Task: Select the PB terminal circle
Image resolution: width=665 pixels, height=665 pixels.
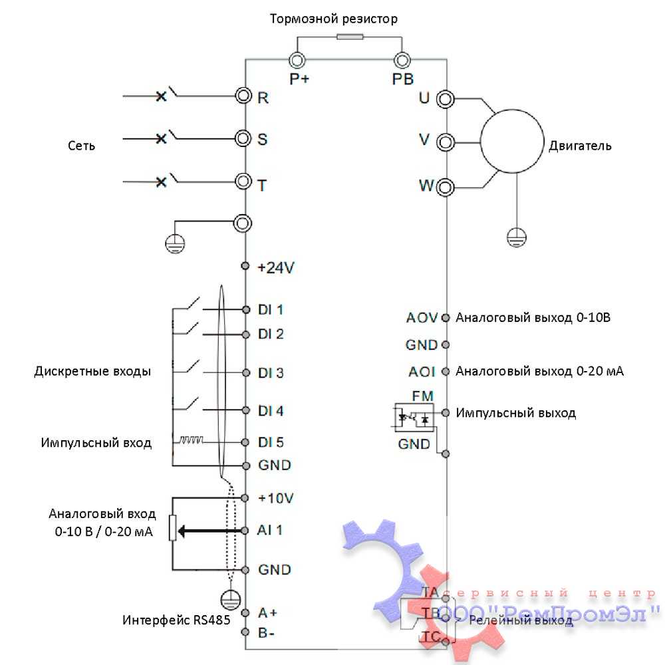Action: point(401,61)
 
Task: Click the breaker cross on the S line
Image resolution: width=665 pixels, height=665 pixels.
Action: point(160,138)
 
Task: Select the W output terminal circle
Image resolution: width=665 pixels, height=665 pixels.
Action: point(444,186)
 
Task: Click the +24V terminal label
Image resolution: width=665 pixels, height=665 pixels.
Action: point(276,267)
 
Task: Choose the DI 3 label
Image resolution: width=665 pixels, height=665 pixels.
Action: point(271,373)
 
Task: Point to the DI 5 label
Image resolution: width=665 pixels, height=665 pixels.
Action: point(271,442)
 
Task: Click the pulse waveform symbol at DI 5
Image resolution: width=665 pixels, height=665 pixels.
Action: point(191,440)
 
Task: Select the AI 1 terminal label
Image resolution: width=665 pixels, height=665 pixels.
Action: point(270,530)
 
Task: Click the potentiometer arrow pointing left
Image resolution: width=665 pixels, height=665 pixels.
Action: point(199,531)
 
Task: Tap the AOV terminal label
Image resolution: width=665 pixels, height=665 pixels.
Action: point(422,317)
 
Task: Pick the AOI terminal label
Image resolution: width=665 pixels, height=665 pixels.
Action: point(422,371)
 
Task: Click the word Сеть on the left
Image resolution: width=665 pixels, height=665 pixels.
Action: point(81,146)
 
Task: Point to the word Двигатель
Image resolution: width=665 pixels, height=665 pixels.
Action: point(579,146)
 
